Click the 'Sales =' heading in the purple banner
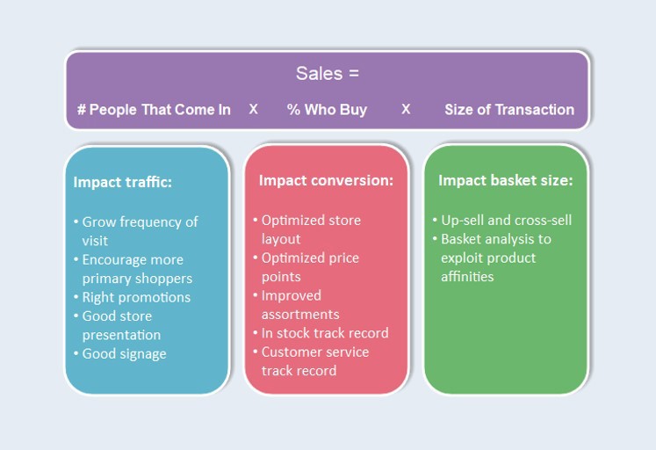(x=327, y=73)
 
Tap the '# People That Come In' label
(x=154, y=110)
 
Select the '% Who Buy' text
(x=327, y=110)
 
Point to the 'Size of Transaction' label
(x=509, y=110)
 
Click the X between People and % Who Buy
(x=253, y=109)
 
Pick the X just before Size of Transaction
(x=406, y=109)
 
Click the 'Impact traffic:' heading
(x=122, y=182)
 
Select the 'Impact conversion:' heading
(x=326, y=180)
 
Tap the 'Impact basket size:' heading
(x=505, y=180)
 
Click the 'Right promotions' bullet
(x=136, y=297)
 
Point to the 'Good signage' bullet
(x=124, y=353)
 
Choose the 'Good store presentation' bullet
(x=121, y=325)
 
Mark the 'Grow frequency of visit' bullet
(x=140, y=230)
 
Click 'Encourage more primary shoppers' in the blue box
(x=136, y=269)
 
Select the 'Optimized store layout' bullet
(x=310, y=229)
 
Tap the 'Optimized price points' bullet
(x=309, y=266)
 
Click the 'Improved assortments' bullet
(x=300, y=304)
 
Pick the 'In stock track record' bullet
(x=324, y=333)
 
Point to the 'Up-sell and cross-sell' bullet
(x=506, y=220)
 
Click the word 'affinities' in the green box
(x=467, y=277)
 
